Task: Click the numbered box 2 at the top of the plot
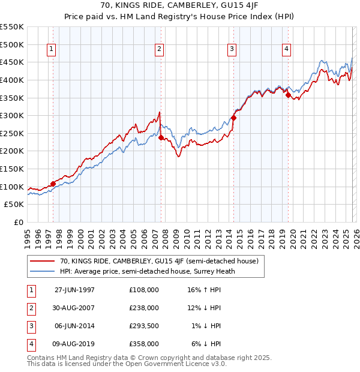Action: pyautogui.click(x=159, y=49)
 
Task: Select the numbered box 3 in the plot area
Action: pyautogui.click(x=232, y=49)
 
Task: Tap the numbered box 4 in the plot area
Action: pyautogui.click(x=287, y=49)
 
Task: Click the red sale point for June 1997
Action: pyautogui.click(x=53, y=184)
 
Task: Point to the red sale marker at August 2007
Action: pyautogui.click(x=161, y=137)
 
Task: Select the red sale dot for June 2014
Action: pyautogui.click(x=233, y=118)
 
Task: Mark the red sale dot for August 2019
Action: pyautogui.click(x=288, y=95)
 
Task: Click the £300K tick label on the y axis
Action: pyautogui.click(x=12, y=115)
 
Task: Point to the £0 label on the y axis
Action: pyautogui.click(x=18, y=223)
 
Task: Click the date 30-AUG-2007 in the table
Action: pyautogui.click(x=75, y=308)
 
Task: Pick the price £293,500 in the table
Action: pyautogui.click(x=144, y=326)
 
